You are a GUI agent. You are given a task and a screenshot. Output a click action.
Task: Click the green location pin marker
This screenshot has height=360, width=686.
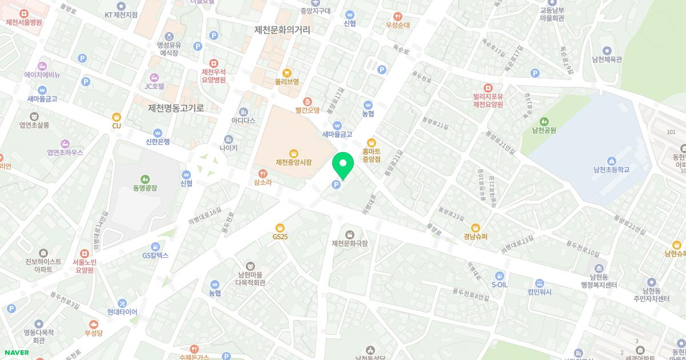343,165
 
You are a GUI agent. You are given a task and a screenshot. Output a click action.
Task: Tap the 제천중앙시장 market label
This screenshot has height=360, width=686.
294,162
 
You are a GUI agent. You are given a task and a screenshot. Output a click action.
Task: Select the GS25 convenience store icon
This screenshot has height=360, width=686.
280,227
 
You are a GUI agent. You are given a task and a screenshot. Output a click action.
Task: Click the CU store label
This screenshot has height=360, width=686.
117,126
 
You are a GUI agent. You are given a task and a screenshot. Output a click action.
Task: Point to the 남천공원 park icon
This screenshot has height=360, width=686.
544,121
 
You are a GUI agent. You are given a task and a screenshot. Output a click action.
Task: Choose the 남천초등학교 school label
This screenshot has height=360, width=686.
611,170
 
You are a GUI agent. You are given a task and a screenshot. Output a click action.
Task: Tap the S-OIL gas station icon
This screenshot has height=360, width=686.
500,275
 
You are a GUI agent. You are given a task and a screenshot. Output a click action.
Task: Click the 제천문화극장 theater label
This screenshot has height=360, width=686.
350,243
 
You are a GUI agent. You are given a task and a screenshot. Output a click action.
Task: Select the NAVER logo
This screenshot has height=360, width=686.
16,353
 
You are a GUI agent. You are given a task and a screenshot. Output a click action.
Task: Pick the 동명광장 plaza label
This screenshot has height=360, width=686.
145,187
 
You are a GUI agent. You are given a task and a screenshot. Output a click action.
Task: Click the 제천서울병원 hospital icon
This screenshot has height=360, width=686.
24,13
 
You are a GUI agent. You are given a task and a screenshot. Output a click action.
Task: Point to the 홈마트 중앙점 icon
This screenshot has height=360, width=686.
372,142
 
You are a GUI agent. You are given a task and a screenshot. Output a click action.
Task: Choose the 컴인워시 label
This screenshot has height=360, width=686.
540,292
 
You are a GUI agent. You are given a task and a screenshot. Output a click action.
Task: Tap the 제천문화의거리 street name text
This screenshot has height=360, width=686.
282,30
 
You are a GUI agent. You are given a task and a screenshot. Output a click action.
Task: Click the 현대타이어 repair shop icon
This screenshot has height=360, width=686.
122,303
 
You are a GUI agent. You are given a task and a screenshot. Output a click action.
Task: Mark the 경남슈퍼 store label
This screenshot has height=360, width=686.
476,237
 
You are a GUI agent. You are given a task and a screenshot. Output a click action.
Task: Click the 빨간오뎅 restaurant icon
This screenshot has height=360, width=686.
307,101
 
